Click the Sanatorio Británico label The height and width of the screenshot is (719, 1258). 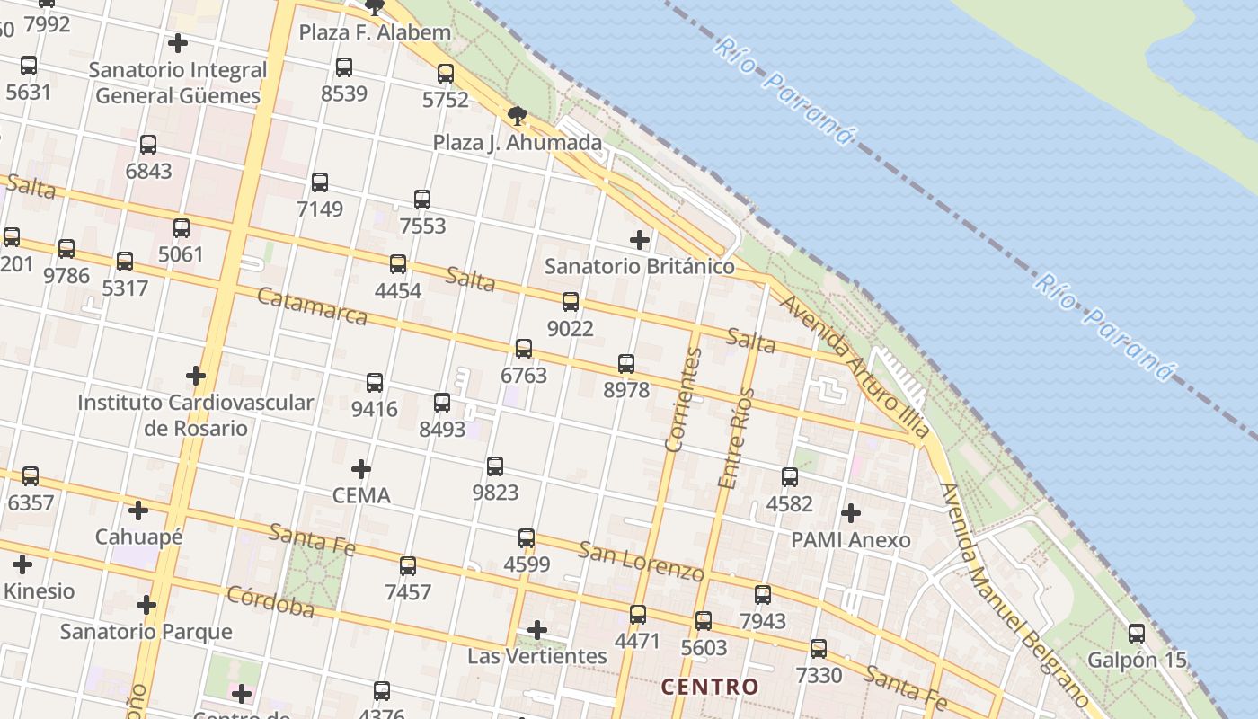tap(639, 267)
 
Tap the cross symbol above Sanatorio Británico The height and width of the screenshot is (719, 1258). tap(639, 240)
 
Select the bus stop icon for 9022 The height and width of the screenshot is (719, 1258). tap(571, 302)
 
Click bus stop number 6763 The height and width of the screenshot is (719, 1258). tap(524, 374)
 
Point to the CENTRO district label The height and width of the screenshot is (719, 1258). tap(710, 688)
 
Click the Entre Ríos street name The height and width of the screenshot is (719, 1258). tap(736, 438)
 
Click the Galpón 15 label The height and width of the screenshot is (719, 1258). tap(1137, 661)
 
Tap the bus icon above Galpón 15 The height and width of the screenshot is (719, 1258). tap(1137, 634)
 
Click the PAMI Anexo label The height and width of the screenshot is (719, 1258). tap(850, 540)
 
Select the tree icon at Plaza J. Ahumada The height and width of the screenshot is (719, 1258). tap(517, 115)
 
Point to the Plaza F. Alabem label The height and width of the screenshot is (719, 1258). tap(375, 33)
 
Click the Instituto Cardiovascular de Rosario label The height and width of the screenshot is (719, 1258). tap(196, 414)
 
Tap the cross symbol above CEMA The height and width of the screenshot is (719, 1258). tap(361, 469)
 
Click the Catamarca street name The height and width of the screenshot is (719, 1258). tap(312, 306)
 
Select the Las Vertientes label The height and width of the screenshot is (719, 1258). tap(537, 656)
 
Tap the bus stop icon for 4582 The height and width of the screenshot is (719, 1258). tap(790, 477)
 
